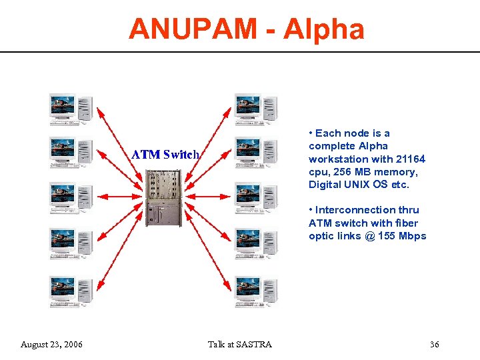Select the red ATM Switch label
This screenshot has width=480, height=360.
point(165,154)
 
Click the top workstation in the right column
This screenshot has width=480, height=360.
point(256,109)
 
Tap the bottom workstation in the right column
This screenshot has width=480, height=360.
point(256,291)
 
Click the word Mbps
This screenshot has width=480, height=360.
point(411,236)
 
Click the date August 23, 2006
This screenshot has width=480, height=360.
point(52,344)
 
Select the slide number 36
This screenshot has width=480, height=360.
point(434,344)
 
